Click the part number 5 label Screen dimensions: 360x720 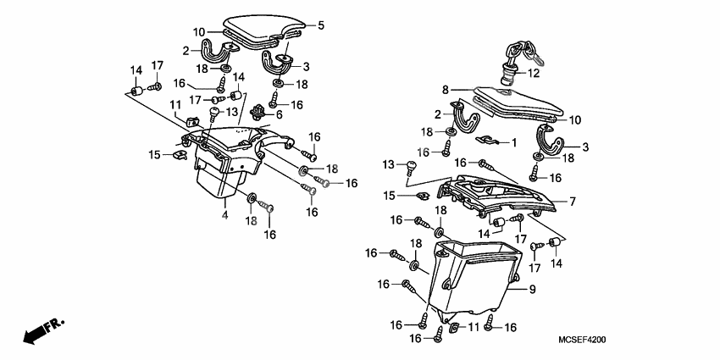pos(320,26)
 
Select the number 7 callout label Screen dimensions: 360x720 pos(572,202)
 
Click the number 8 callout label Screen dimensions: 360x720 pos(444,89)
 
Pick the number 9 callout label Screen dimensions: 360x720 pos(533,291)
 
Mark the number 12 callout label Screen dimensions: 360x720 pos(533,74)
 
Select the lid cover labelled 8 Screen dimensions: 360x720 pos(517,103)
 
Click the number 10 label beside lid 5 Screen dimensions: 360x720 pos(199,32)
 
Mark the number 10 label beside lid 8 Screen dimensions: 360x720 pos(574,119)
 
